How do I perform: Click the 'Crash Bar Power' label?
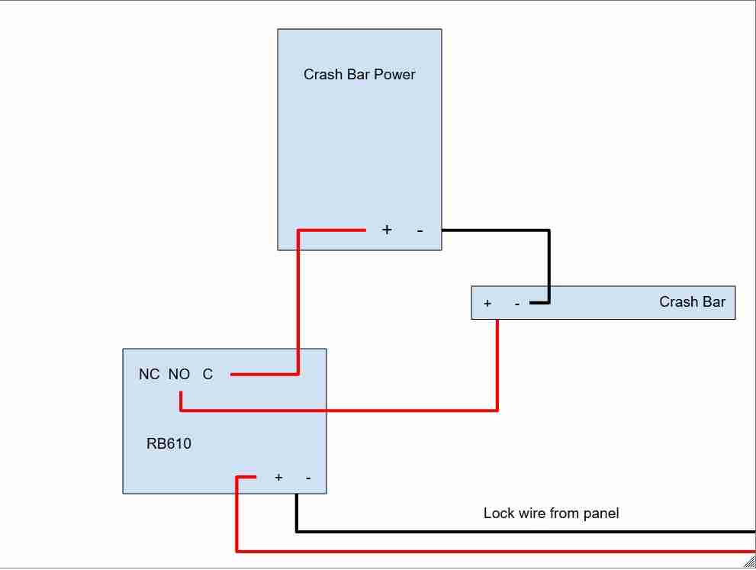tap(359, 74)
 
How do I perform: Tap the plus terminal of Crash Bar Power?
tap(387, 230)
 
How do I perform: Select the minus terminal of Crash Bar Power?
tap(420, 231)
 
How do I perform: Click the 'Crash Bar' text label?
tap(693, 302)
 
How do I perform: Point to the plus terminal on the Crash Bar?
tap(487, 304)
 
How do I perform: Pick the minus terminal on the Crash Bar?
tap(517, 304)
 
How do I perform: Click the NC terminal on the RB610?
tap(149, 374)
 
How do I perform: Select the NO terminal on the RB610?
tap(179, 374)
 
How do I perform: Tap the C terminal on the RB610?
tap(207, 374)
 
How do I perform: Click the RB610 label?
tap(169, 443)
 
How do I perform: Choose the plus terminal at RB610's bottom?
tap(278, 478)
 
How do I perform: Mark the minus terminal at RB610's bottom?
tap(308, 478)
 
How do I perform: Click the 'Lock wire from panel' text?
tap(551, 513)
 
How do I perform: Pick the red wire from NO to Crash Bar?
tap(357, 411)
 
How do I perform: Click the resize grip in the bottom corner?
tap(750, 562)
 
